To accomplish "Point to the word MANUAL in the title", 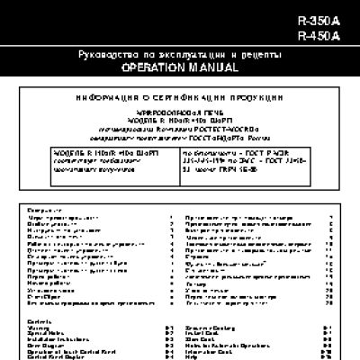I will [x=213, y=67].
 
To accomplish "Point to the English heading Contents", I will [x=40, y=321].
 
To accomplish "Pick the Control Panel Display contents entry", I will [x=56, y=355].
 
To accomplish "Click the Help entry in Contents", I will [x=189, y=355].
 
